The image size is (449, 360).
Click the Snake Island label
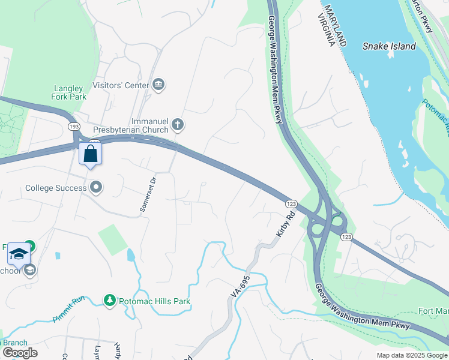click(389, 46)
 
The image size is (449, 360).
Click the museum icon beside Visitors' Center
click(159, 84)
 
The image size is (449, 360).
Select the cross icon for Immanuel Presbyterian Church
click(177, 125)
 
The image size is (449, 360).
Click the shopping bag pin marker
click(90, 154)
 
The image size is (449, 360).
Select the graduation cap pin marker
click(19, 254)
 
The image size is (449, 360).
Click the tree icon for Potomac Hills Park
click(109, 299)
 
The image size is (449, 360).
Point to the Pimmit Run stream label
click(70, 310)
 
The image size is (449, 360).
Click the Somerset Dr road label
click(148, 193)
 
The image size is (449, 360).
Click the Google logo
click(20, 353)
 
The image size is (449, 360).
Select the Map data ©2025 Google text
click(411, 355)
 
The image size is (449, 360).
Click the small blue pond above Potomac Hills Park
click(131, 255)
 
